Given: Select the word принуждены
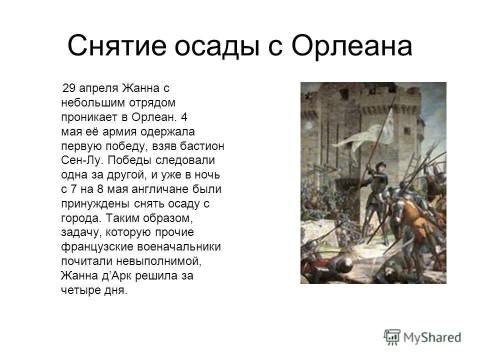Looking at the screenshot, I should [92, 204].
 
